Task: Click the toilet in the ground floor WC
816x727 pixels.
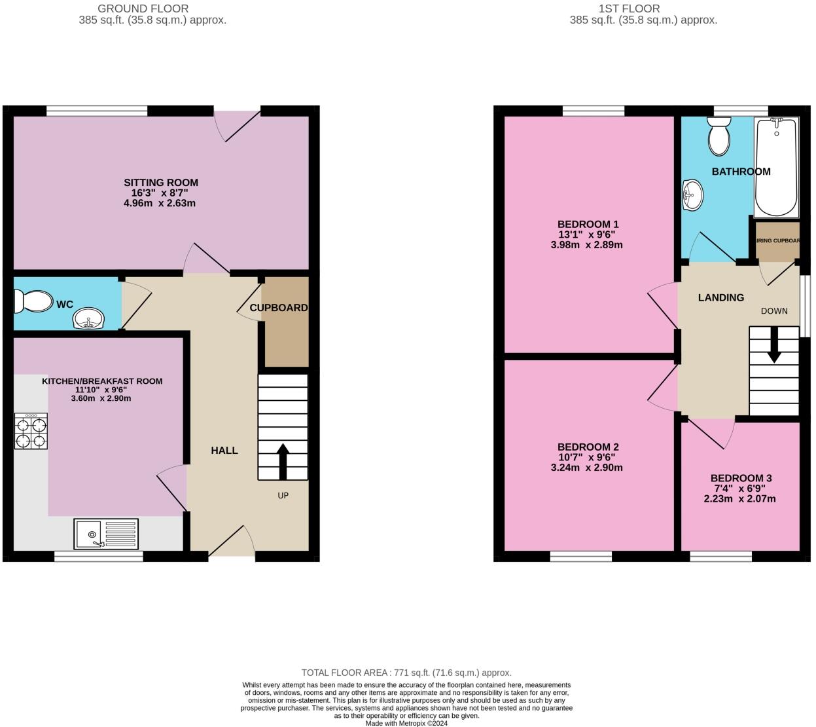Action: click(x=33, y=302)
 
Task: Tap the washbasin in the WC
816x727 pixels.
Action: click(x=88, y=320)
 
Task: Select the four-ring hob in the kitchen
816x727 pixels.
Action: click(x=31, y=432)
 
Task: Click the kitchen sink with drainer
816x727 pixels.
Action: click(x=106, y=534)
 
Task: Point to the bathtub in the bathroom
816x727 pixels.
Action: click(x=776, y=168)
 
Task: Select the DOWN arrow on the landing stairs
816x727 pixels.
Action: click(x=774, y=345)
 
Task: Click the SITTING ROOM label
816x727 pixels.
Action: click(x=161, y=183)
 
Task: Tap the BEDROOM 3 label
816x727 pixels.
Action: click(x=737, y=478)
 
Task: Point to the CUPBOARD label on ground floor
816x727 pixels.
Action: click(x=279, y=308)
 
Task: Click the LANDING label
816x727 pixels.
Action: click(x=720, y=297)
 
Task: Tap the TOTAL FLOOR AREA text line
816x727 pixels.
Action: click(x=406, y=673)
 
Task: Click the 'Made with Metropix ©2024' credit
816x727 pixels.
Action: click(x=406, y=723)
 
